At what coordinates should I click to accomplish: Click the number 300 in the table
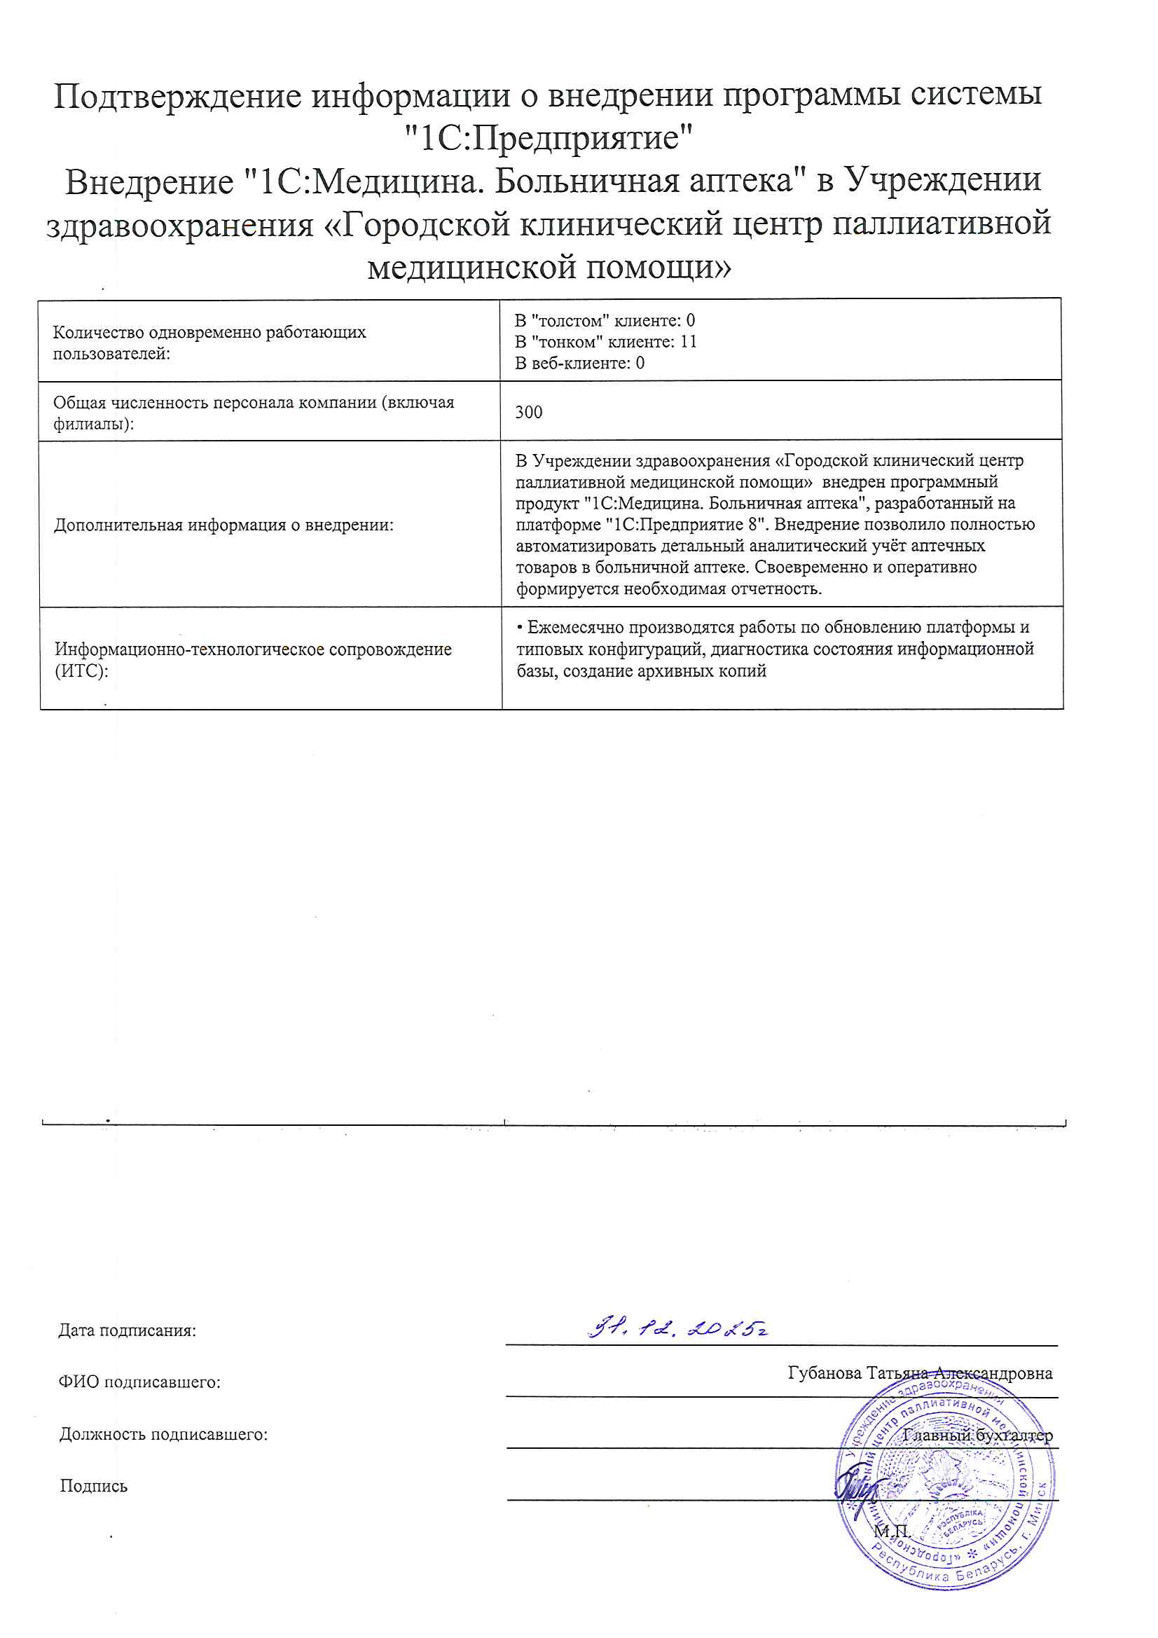click(529, 413)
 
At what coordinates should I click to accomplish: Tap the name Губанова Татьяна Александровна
click(920, 1373)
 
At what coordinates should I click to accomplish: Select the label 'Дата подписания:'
click(127, 1330)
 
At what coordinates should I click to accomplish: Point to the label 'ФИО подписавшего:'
click(139, 1382)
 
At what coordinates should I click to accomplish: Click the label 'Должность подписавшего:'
click(163, 1434)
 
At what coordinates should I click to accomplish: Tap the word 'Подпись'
click(93, 1486)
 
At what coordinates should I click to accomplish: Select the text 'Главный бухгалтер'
click(977, 1436)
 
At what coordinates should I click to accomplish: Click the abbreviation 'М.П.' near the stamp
click(892, 1532)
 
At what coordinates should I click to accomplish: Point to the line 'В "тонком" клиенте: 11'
click(606, 342)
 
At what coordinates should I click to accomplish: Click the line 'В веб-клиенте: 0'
click(579, 363)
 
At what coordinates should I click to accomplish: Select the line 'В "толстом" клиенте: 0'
click(605, 321)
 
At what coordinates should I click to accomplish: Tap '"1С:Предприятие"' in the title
click(548, 138)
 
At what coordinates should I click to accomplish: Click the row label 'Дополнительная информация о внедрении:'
click(224, 525)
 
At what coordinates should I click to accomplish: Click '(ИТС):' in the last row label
click(81, 671)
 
